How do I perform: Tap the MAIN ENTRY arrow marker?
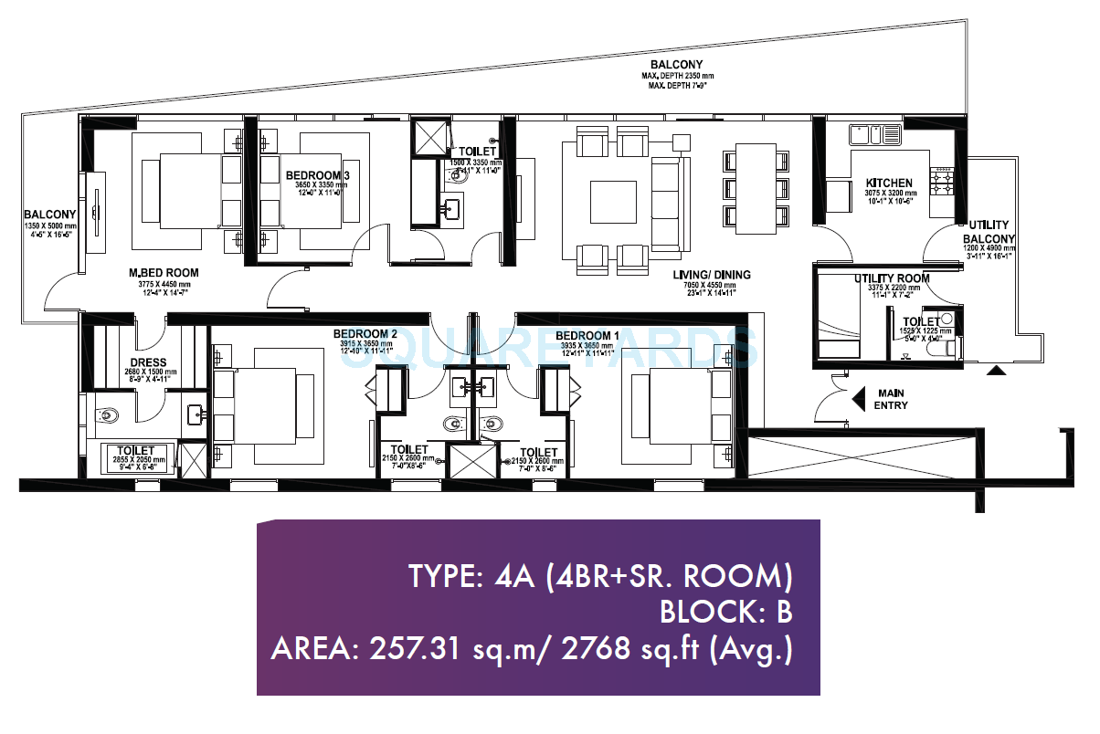[x=859, y=397]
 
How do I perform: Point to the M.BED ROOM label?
[x=164, y=273]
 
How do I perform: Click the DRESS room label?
[x=148, y=362]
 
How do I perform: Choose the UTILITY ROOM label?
[x=892, y=278]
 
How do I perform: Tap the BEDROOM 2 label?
[x=364, y=334]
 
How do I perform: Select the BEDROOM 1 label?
[x=587, y=335]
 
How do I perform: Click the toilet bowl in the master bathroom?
[x=107, y=416]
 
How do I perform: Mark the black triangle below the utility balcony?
[x=997, y=370]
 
